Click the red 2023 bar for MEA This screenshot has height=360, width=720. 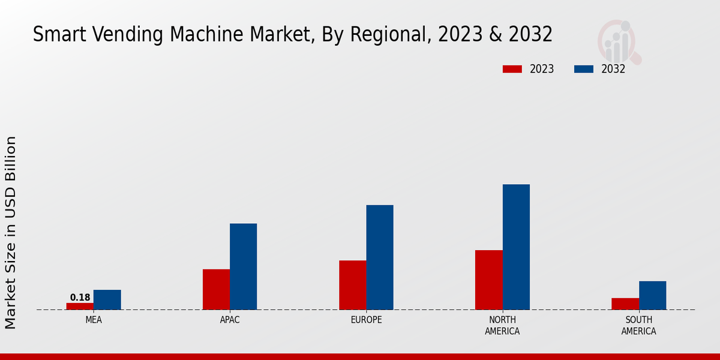[x=80, y=306]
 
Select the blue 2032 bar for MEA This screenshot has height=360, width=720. [x=107, y=299]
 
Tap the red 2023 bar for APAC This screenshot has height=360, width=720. [x=216, y=289]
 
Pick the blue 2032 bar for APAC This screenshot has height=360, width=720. [x=243, y=266]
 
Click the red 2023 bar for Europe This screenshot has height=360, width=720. [x=352, y=285]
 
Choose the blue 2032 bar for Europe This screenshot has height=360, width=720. [x=380, y=257]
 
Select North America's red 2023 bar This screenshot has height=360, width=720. [x=488, y=280]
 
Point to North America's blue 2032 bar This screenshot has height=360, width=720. [x=516, y=247]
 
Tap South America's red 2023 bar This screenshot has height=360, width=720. [x=625, y=304]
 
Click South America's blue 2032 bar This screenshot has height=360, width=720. [x=652, y=295]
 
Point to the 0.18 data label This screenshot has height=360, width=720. [x=80, y=298]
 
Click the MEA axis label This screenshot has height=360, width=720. [x=94, y=320]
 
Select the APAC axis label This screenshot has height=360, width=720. [x=230, y=320]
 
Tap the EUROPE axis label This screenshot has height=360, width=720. [x=366, y=320]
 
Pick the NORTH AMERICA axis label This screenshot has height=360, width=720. [x=502, y=325]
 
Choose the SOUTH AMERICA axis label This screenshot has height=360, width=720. [x=638, y=325]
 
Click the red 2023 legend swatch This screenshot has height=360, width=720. [x=512, y=69]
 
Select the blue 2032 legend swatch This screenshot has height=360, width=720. [x=583, y=69]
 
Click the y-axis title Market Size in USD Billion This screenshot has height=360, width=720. [x=11, y=232]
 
